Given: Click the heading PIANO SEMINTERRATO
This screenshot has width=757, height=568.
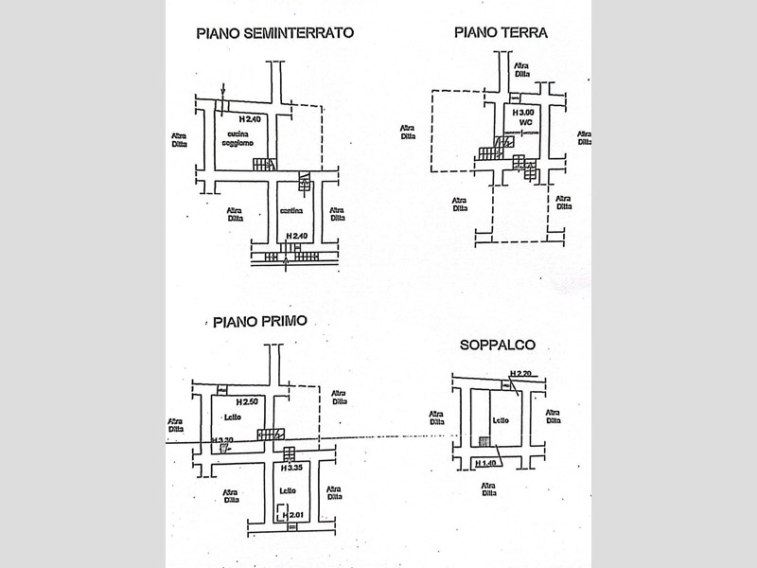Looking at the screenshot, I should (274, 32).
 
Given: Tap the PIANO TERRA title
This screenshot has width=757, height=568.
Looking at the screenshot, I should (501, 32).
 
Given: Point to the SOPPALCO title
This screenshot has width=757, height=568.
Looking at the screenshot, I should (497, 346).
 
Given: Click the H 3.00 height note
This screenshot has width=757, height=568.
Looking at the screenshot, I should (523, 113).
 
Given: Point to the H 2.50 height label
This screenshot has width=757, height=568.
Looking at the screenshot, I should (248, 402).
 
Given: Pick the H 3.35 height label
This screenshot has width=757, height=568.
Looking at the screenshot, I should (290, 467).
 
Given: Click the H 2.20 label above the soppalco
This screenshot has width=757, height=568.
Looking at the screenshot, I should (520, 373).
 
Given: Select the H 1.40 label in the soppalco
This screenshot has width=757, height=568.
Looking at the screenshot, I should (487, 462).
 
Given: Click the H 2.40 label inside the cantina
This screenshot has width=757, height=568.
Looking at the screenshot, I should (296, 236).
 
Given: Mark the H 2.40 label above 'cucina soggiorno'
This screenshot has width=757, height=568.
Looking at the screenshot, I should (249, 119).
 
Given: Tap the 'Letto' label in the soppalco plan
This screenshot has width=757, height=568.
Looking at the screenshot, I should (501, 420).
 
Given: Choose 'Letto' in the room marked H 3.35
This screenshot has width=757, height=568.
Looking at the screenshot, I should (288, 490).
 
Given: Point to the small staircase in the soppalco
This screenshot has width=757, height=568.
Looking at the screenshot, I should (484, 441).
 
